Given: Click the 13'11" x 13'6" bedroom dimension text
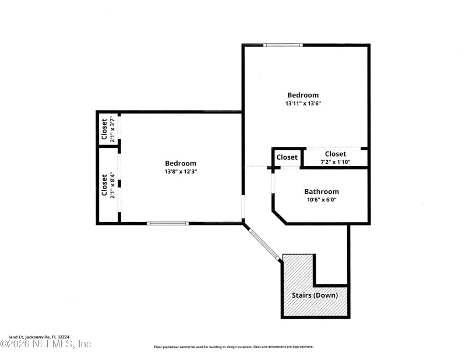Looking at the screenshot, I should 303,103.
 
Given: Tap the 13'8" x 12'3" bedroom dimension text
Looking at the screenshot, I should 181,172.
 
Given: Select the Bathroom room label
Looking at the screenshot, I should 321,192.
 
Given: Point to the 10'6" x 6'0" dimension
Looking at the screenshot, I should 321,200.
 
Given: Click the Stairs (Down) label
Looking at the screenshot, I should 315,295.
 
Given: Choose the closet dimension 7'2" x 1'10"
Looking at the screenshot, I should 335,162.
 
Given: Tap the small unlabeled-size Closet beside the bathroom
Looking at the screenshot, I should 287,157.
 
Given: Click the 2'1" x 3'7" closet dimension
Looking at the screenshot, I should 112,129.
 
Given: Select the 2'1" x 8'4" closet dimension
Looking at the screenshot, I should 112,185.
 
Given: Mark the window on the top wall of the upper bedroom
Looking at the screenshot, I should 283,45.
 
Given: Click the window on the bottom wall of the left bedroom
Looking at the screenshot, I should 167,223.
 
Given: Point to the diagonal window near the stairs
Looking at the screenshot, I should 263,245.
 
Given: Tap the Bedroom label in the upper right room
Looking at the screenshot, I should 303,95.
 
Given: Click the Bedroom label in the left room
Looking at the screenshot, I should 181,164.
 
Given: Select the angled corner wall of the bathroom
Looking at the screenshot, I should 279,215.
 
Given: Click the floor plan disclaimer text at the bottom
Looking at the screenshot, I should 233,347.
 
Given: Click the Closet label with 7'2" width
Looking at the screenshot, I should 335,154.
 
